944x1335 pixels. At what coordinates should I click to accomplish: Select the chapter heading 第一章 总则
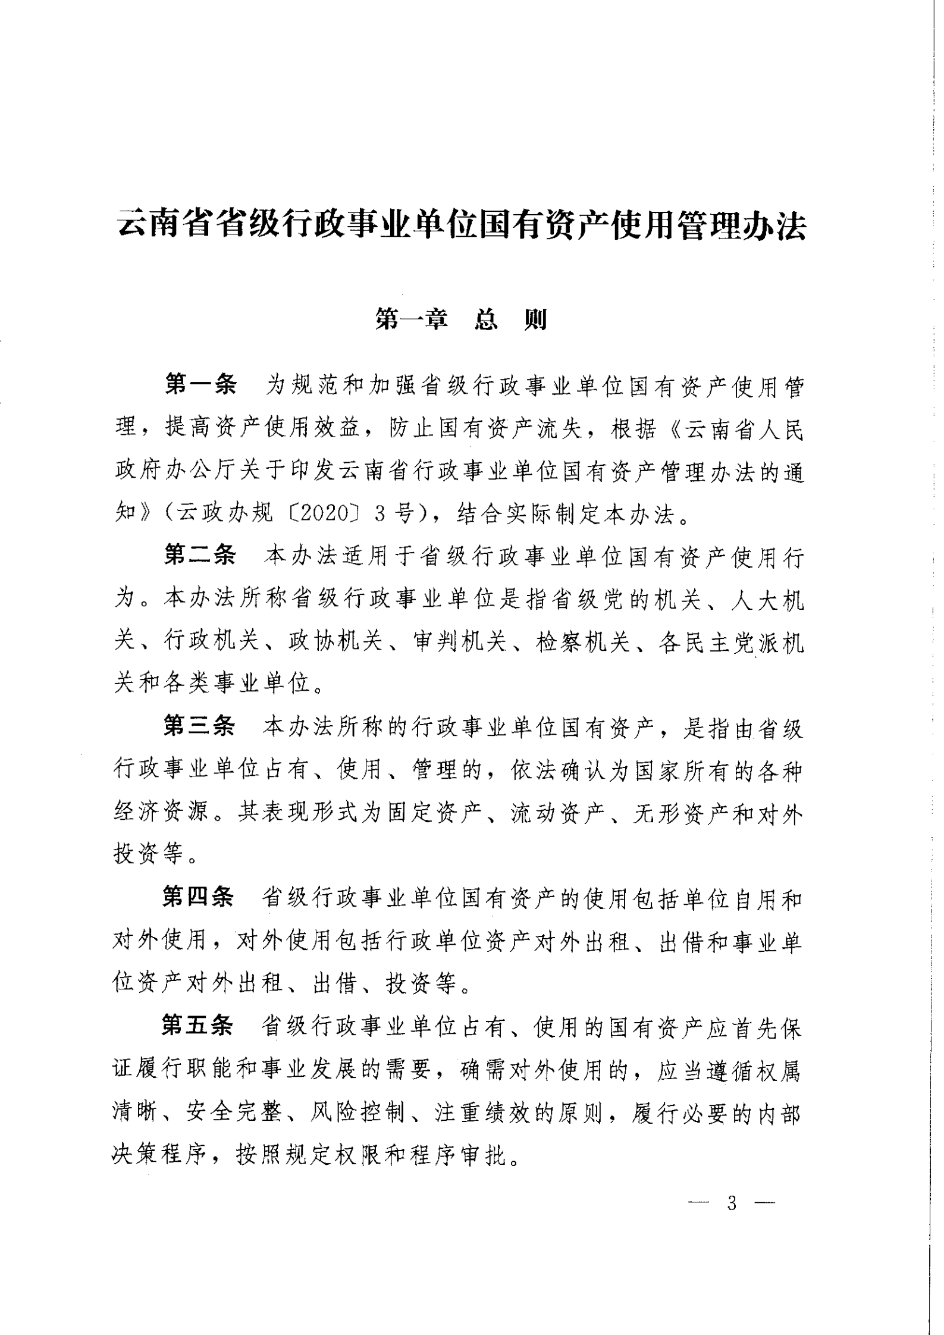[x=461, y=321]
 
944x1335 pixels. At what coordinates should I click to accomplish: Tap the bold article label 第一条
[x=200, y=387]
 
